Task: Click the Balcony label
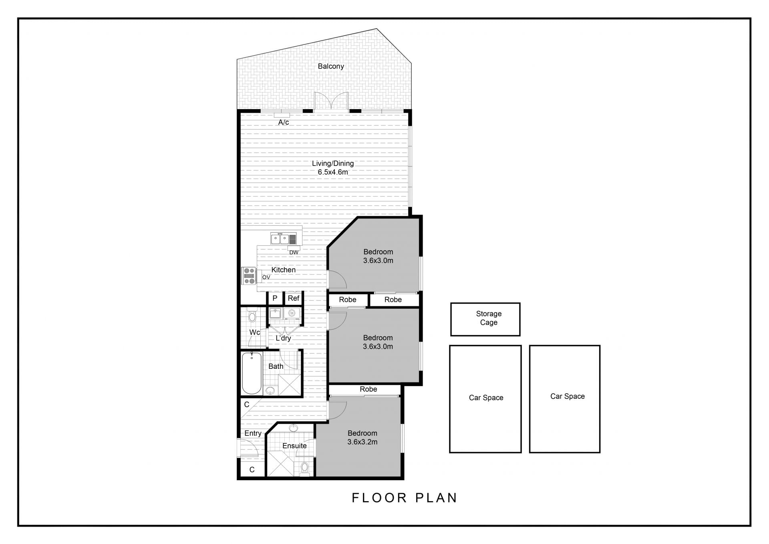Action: [x=331, y=66]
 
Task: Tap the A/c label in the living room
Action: [x=284, y=122]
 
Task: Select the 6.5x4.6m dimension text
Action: [x=333, y=172]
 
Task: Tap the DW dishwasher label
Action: [x=294, y=253]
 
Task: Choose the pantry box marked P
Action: [x=275, y=298]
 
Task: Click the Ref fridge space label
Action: [x=294, y=298]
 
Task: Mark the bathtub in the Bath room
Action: [x=252, y=373]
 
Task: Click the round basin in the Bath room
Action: [x=270, y=390]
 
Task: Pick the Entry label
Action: [x=253, y=433]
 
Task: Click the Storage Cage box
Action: [x=485, y=319]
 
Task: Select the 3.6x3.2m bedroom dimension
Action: [x=362, y=442]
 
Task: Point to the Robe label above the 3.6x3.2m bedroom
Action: [x=368, y=389]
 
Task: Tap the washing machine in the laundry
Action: [x=292, y=313]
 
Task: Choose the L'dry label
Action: [x=283, y=338]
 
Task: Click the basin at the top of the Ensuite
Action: [x=294, y=428]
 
